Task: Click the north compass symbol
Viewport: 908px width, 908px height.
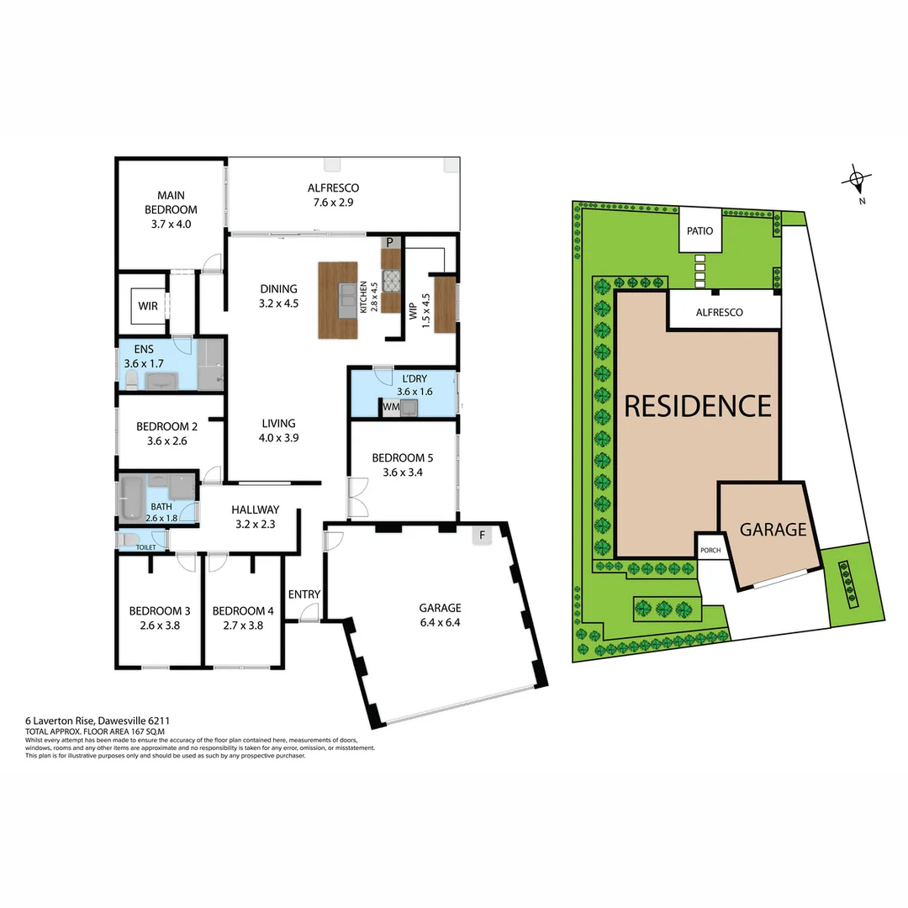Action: pyautogui.click(x=856, y=179)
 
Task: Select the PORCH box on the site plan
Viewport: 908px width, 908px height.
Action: pyautogui.click(x=710, y=550)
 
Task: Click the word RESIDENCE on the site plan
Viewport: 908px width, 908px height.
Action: pyautogui.click(x=697, y=406)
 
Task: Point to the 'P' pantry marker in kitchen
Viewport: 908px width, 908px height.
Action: pyautogui.click(x=390, y=242)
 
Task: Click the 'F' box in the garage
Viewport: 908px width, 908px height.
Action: pyautogui.click(x=482, y=535)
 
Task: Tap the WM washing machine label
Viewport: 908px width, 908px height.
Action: pyautogui.click(x=390, y=408)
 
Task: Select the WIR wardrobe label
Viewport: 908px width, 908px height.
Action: pyautogui.click(x=148, y=307)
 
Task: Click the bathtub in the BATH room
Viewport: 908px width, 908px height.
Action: pyautogui.click(x=134, y=497)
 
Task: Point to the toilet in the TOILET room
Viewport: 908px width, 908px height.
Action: pyautogui.click(x=127, y=539)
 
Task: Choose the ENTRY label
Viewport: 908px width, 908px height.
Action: pyautogui.click(x=304, y=594)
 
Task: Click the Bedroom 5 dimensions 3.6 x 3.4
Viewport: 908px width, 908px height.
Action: pyautogui.click(x=403, y=472)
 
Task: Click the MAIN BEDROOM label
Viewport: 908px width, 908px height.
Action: pyautogui.click(x=171, y=203)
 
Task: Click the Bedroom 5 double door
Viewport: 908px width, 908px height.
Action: pyautogui.click(x=357, y=498)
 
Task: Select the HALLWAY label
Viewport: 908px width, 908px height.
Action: pyautogui.click(x=255, y=509)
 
